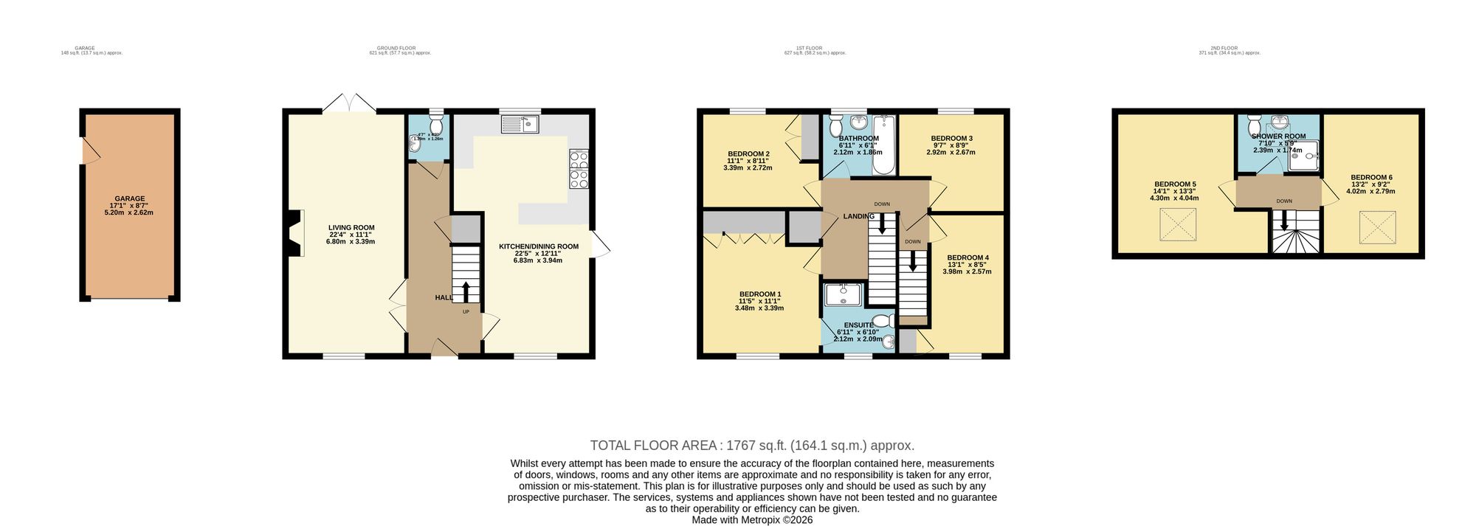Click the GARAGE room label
coord(129,198)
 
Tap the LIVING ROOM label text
coord(351,228)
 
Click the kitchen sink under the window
coord(521,125)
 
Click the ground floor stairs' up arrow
coord(465,289)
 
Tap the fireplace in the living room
coord(295,233)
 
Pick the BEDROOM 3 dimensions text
coord(951,153)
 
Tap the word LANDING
coord(859,216)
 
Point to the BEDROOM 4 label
coord(965,257)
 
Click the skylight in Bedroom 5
coord(1177,225)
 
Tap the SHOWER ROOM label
coord(1278,136)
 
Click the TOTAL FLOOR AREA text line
coord(751,446)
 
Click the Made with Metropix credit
coord(751,519)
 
